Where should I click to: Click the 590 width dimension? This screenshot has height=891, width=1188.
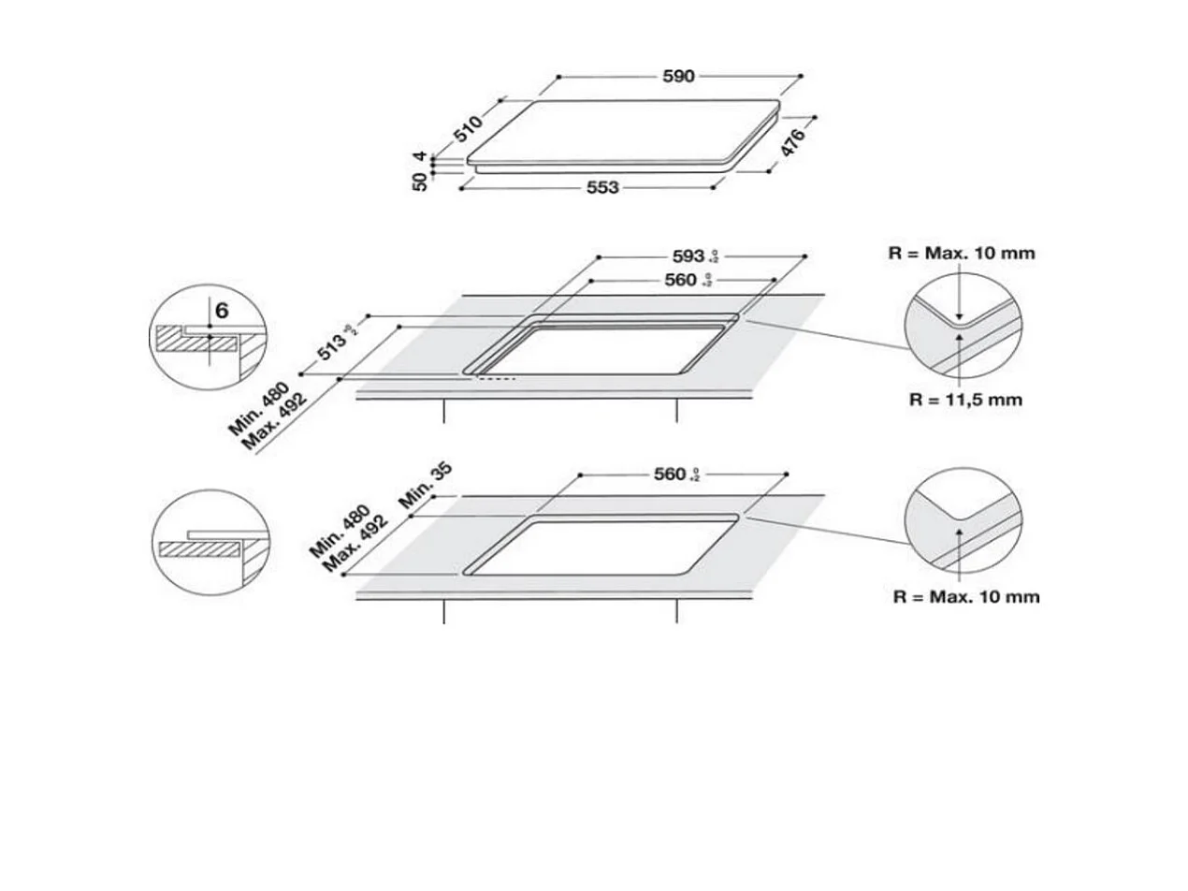pyautogui.click(x=679, y=77)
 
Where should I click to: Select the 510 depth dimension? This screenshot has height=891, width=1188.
pyautogui.click(x=469, y=128)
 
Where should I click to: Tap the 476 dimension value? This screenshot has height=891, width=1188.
pyautogui.click(x=792, y=143)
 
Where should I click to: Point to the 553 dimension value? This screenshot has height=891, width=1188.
pyautogui.click(x=602, y=187)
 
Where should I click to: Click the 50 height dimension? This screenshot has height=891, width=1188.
pyautogui.click(x=421, y=182)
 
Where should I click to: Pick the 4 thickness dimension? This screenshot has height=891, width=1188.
pyautogui.click(x=421, y=157)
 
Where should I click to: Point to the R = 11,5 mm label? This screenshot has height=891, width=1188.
pyautogui.click(x=965, y=400)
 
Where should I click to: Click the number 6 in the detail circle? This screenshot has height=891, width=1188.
pyautogui.click(x=222, y=310)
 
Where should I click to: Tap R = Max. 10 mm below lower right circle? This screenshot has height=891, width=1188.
pyautogui.click(x=965, y=596)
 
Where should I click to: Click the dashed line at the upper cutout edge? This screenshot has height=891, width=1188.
pyautogui.click(x=496, y=379)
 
